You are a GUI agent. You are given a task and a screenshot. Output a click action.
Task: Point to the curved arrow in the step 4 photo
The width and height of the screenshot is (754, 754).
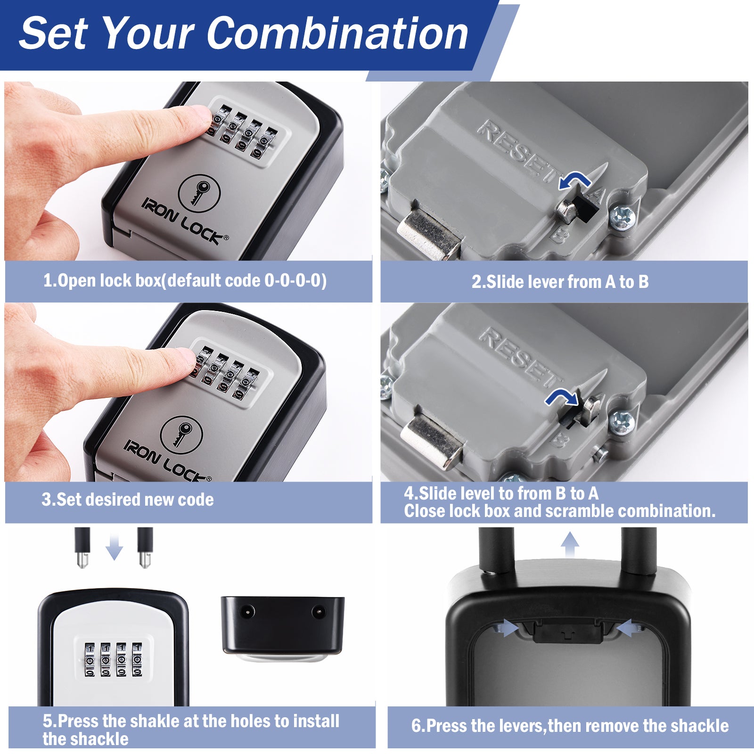coord(561,399)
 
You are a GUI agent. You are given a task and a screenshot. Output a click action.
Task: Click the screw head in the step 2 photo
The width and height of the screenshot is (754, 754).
coord(622,218)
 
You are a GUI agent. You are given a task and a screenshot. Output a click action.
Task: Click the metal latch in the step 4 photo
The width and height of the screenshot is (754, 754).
coord(433,441)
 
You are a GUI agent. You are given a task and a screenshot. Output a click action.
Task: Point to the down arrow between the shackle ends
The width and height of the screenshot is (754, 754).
coord(114,547)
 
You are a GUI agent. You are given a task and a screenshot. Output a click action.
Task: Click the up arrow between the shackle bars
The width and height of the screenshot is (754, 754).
coord(570,545)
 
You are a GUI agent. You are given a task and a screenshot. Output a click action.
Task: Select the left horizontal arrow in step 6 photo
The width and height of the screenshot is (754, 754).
coord(506,628)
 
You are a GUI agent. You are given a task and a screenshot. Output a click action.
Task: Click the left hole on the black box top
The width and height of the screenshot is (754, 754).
coord(246,612)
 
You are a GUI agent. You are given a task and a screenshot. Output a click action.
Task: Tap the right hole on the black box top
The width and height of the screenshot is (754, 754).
coord(319,612)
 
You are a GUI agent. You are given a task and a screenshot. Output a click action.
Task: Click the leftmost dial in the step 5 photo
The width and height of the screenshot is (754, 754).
coord(90,660)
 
